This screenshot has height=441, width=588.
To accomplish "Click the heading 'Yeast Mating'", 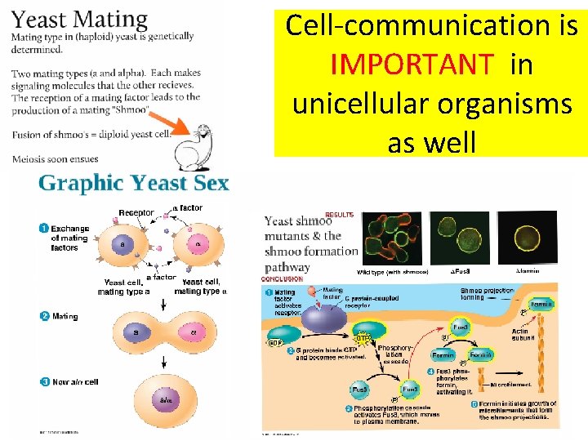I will [x=80, y=20].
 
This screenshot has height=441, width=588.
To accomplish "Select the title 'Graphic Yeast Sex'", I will [x=133, y=182].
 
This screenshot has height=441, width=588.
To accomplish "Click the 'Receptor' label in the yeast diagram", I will [x=136, y=213].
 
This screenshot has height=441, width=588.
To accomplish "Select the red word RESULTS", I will [x=340, y=215].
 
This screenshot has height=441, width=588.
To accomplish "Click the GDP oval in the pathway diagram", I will [x=275, y=344].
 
